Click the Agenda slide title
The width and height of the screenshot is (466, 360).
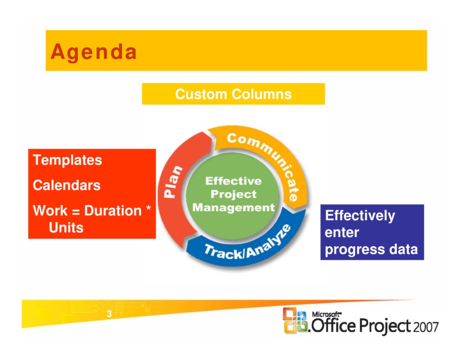pyautogui.click(x=93, y=51)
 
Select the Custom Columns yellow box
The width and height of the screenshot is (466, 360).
pyautogui.click(x=233, y=94)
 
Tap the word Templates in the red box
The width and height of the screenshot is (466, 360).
pyautogui.click(x=67, y=160)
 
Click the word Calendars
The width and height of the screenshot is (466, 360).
pyautogui.click(x=66, y=185)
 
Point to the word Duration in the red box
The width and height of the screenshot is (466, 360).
pyautogui.click(x=113, y=211)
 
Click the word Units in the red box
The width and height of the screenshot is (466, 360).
pyautogui.click(x=66, y=227)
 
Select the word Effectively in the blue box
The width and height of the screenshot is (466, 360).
pyautogui.click(x=360, y=215)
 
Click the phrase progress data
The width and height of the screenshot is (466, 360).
pyautogui.click(x=371, y=249)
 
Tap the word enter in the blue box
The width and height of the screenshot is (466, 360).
pyautogui.click(x=342, y=233)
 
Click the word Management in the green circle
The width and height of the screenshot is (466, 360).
pyautogui.click(x=233, y=208)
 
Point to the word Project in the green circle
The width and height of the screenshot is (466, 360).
pyautogui.click(x=233, y=194)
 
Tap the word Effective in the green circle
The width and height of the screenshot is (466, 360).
pyautogui.click(x=233, y=181)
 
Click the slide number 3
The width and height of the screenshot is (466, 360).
pyautogui.click(x=109, y=314)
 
